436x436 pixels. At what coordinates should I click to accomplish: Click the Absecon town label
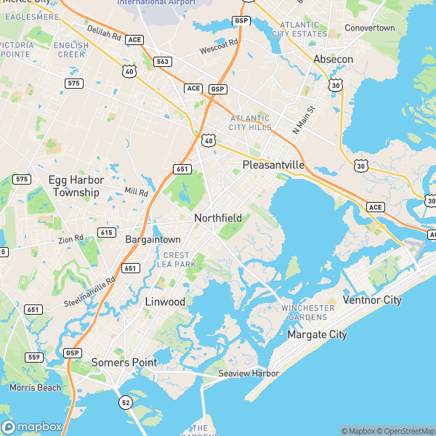click(333, 59)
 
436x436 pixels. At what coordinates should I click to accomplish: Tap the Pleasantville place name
click(273, 165)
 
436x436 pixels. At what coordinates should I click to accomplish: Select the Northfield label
click(218, 217)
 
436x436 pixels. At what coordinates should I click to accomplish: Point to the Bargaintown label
click(153, 239)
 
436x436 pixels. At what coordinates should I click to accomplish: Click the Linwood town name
click(165, 301)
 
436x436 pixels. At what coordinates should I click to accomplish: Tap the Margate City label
click(317, 335)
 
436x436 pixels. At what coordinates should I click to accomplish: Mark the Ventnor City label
click(371, 299)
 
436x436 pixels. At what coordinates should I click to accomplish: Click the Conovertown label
click(369, 28)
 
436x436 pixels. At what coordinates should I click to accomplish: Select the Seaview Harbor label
click(249, 374)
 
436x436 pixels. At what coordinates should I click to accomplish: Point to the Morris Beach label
click(36, 387)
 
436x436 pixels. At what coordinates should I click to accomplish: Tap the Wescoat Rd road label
click(219, 47)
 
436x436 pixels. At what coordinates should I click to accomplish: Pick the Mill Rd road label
click(136, 192)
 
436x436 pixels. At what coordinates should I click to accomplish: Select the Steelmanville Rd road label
click(90, 291)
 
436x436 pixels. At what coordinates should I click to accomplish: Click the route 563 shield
click(162, 62)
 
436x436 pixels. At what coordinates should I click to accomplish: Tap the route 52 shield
click(125, 402)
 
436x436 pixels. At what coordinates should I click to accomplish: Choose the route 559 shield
click(33, 357)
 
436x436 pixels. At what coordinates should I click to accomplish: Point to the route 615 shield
click(107, 233)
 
